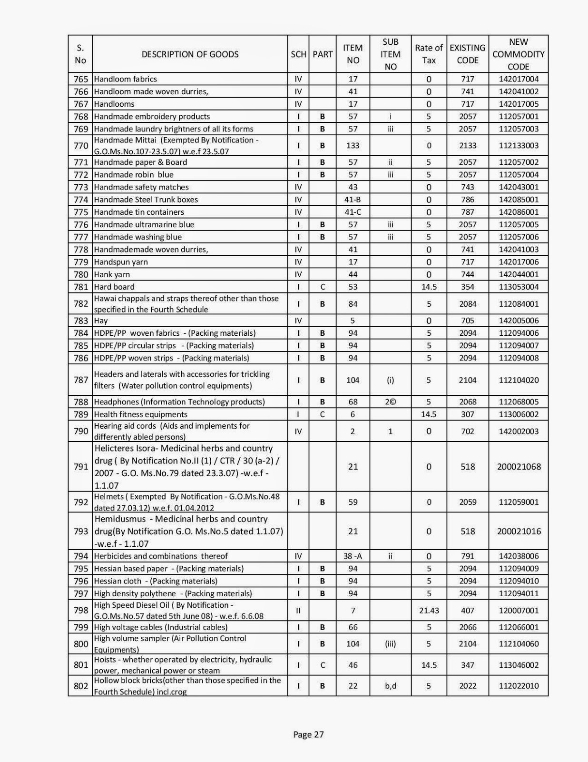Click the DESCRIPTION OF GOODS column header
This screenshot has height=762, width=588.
point(190,54)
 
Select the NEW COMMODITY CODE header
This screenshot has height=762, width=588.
point(518,54)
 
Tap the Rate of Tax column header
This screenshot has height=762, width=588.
point(429,54)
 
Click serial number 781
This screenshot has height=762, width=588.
point(80,287)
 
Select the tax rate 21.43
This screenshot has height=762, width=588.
point(429,611)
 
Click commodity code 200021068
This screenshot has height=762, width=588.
point(519,467)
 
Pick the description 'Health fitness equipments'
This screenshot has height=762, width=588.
point(141,414)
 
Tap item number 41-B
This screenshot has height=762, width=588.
point(353,200)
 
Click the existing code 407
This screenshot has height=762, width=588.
point(467,611)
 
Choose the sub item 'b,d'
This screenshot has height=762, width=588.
point(390,686)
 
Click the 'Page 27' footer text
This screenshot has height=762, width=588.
point(308,734)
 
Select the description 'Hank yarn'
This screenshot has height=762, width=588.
point(112,274)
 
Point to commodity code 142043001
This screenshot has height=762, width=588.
point(519,187)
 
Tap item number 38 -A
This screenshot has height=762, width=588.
point(353,556)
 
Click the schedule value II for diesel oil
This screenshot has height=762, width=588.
point(298,611)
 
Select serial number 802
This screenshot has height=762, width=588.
point(80,686)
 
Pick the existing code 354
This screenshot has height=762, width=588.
point(467,287)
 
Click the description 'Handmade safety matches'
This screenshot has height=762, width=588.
point(141,187)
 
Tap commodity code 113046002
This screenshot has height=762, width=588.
point(519,665)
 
